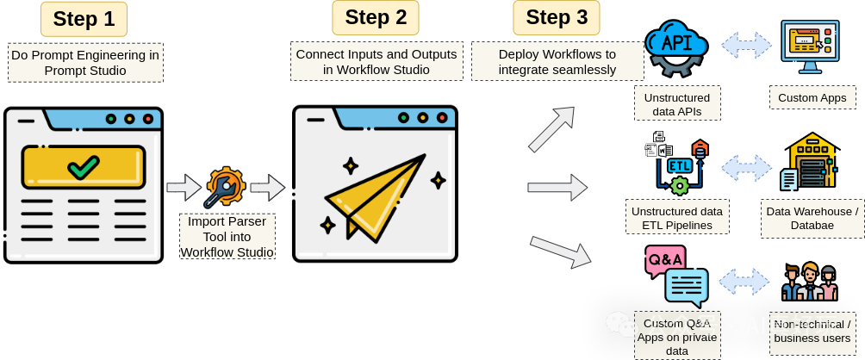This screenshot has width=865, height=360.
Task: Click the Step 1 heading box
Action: coord(84,19)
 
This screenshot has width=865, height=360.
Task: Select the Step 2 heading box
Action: coord(376,17)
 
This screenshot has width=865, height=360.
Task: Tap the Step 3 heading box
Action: coord(557,17)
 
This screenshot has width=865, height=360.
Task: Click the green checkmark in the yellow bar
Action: coord(84,166)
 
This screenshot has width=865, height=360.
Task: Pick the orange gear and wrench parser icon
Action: coord(225,187)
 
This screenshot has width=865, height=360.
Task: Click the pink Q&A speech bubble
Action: coord(664,260)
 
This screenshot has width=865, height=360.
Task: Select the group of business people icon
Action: coord(809,282)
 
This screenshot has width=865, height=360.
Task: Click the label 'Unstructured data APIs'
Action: coord(677,103)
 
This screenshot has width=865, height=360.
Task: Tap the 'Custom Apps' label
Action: coord(812,98)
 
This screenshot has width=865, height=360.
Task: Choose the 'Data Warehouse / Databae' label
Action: coord(812,218)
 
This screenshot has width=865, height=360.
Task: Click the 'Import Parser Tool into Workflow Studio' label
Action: coord(227,236)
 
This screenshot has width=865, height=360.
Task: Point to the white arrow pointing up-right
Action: coord(551,128)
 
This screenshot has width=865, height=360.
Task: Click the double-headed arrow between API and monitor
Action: coord(746,45)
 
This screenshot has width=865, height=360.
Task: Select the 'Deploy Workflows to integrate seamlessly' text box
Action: coord(557,61)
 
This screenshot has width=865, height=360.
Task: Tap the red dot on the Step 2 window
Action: coord(442,117)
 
